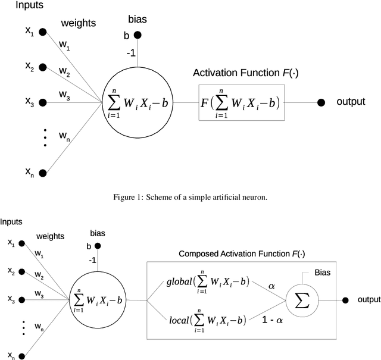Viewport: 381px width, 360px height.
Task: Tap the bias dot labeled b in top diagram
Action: tap(138, 36)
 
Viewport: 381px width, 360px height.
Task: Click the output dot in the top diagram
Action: tap(321, 102)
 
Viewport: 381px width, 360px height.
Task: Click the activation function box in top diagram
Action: tap(241, 102)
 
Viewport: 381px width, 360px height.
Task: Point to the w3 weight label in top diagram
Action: tap(64, 95)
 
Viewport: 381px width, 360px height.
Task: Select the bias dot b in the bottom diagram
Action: tap(96, 245)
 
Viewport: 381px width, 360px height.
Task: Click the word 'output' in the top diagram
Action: tap(351, 102)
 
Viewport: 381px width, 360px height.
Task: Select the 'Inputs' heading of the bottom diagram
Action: tap(11, 221)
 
